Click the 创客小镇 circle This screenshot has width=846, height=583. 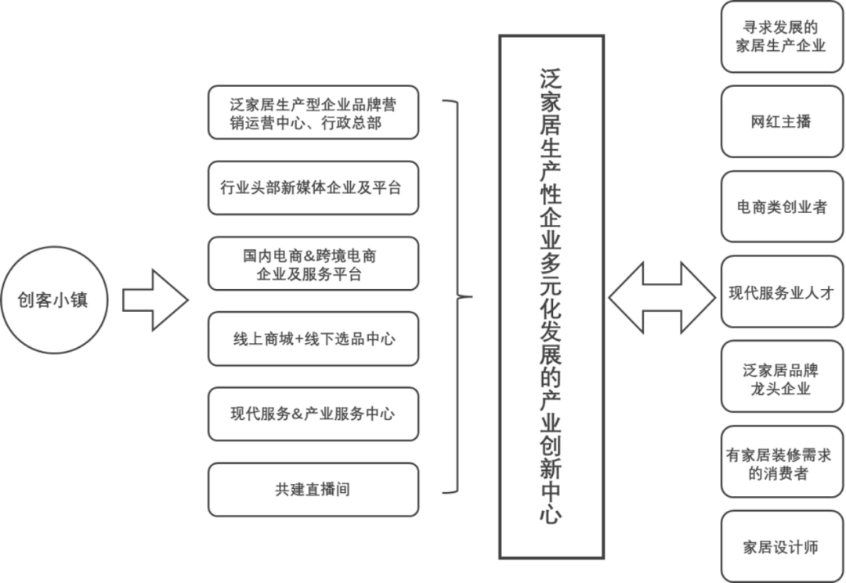click(54, 300)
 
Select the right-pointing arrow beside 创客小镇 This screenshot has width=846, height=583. click(155, 300)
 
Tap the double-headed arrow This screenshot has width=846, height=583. click(662, 298)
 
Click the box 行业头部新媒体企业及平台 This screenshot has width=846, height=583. click(313, 188)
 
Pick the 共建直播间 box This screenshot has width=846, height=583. click(313, 490)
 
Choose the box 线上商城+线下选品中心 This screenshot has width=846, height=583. click(313, 339)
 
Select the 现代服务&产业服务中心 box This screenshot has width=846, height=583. click(313, 414)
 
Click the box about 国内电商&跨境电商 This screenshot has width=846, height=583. click(313, 263)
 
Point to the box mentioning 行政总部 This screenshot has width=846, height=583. click(313, 112)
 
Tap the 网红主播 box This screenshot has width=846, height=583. click(782, 121)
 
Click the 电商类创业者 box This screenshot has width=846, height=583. click(782, 207)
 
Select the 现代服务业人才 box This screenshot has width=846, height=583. click(782, 292)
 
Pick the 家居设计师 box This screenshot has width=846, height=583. click(782, 547)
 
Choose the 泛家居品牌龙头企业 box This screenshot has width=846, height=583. click(782, 377)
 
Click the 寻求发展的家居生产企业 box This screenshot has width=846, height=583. click(782, 37)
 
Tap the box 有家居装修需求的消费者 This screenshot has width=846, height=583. click(782, 462)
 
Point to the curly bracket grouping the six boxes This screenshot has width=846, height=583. click(458, 296)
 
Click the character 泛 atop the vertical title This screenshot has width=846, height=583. click(551, 80)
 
